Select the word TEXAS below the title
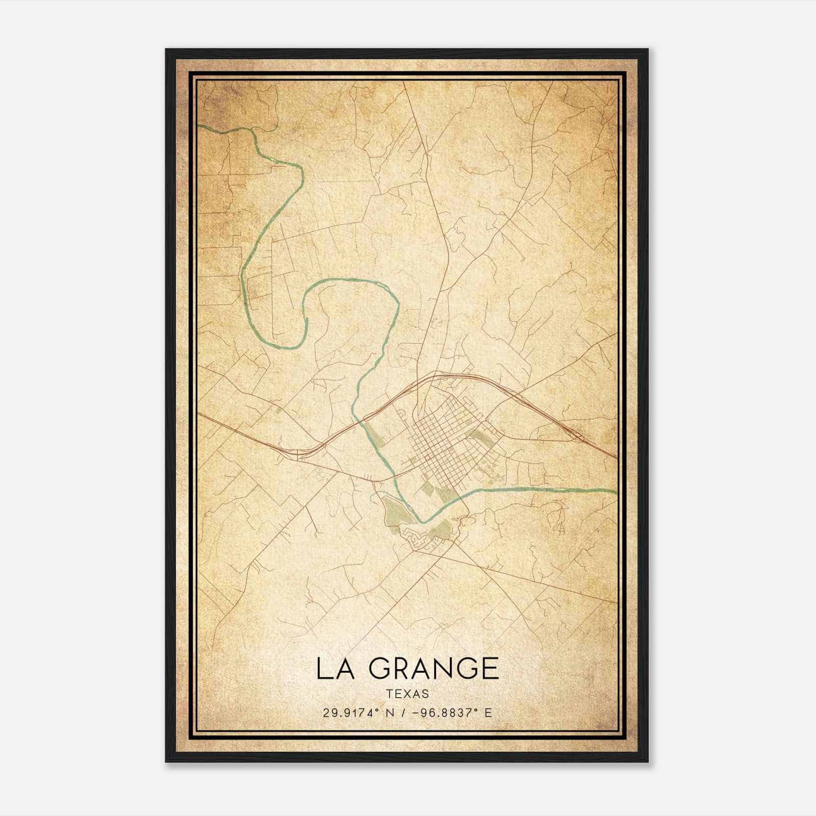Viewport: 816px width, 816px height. point(407,694)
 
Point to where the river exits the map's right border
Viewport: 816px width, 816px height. point(616,492)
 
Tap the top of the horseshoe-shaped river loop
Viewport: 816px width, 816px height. point(352,280)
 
